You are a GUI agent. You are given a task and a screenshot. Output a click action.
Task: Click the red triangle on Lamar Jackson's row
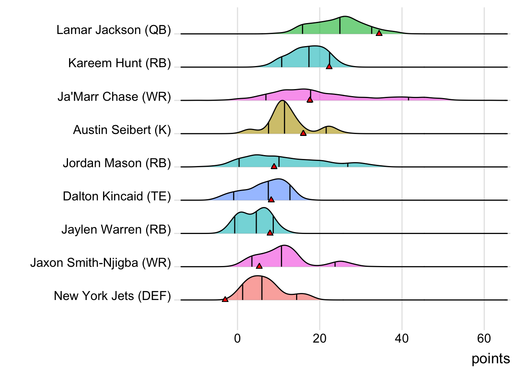pyautogui.click(x=379, y=33)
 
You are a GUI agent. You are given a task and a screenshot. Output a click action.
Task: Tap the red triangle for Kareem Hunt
pyautogui.click(x=329, y=66)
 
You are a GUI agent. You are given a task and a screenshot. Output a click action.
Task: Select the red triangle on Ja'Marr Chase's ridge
pyautogui.click(x=310, y=100)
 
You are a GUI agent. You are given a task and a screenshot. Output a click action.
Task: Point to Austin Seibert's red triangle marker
pyautogui.click(x=303, y=133)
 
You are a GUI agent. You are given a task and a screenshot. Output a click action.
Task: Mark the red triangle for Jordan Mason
pyautogui.click(x=274, y=166)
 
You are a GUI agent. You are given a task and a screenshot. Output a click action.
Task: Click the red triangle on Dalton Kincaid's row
pyautogui.click(x=271, y=200)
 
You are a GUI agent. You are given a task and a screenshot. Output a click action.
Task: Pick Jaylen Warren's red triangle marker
pyautogui.click(x=270, y=233)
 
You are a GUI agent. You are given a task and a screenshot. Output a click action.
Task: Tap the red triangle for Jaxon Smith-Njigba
pyautogui.click(x=259, y=266)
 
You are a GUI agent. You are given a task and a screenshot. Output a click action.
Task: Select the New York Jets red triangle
pyautogui.click(x=225, y=299)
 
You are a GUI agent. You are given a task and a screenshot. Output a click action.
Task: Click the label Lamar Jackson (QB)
pyautogui.click(x=114, y=30)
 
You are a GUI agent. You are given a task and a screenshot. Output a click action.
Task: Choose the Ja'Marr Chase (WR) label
pyautogui.click(x=114, y=96)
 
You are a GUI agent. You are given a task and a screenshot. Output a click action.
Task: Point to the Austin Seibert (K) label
pyautogui.click(x=122, y=130)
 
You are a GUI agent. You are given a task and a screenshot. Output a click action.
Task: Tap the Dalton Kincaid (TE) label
pyautogui.click(x=117, y=196)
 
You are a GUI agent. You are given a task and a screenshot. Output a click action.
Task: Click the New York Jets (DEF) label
pyautogui.click(x=112, y=296)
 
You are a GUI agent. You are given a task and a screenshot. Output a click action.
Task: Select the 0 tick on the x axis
pyautogui.click(x=237, y=338)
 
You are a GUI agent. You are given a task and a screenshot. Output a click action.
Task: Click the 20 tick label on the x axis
pyautogui.click(x=320, y=338)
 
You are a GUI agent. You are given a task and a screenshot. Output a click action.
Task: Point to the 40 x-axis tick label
pyautogui.click(x=402, y=338)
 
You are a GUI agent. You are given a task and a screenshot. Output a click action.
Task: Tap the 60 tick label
pyautogui.click(x=484, y=338)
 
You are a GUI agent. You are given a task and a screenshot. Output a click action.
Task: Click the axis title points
pyautogui.click(x=491, y=359)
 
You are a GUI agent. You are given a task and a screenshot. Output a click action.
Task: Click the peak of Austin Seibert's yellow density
pyautogui.click(x=282, y=101)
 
